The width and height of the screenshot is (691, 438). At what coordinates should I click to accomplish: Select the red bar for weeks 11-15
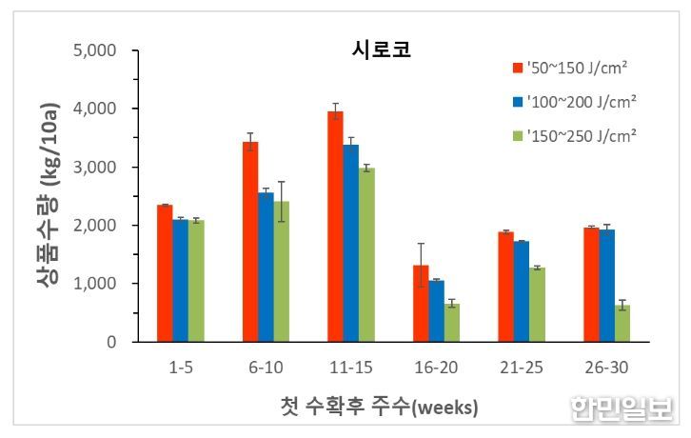(x=335, y=227)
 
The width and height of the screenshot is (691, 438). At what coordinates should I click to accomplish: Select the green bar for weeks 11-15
(x=365, y=254)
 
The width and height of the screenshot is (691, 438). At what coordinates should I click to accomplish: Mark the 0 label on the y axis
(x=111, y=342)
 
